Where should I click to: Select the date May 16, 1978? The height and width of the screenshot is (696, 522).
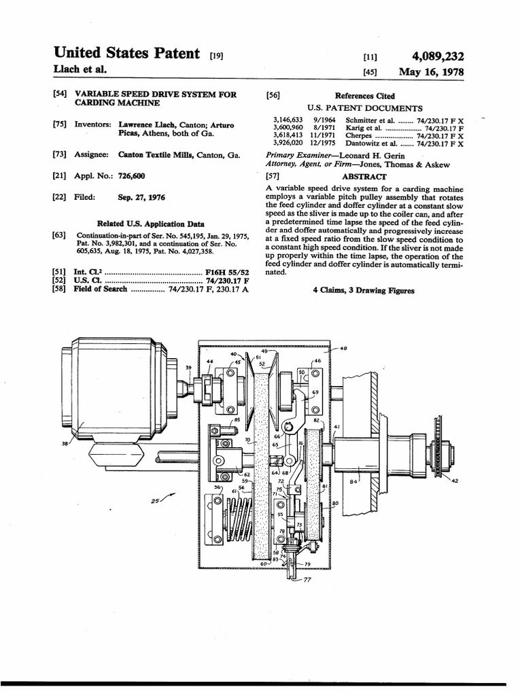(x=432, y=71)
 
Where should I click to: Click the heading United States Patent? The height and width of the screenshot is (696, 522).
(x=126, y=53)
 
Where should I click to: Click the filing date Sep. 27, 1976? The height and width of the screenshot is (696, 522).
(x=141, y=198)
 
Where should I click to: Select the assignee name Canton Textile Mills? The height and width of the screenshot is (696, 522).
(x=156, y=154)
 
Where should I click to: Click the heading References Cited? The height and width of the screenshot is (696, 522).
(x=365, y=96)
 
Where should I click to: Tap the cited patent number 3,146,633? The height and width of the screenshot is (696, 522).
(x=288, y=119)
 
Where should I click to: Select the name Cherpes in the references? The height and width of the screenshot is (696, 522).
(x=360, y=135)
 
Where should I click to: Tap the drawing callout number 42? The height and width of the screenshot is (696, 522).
(x=454, y=481)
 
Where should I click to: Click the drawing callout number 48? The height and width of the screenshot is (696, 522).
(x=343, y=349)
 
